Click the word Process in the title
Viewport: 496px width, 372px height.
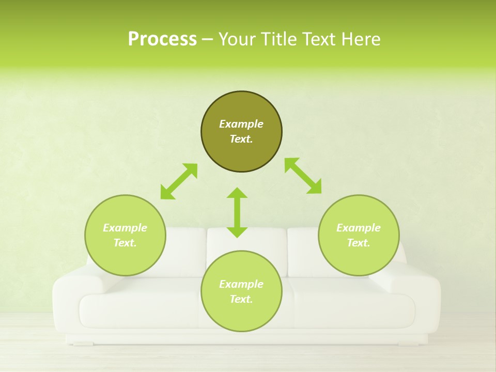tap(162, 39)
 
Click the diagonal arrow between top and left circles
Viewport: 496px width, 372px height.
tap(179, 181)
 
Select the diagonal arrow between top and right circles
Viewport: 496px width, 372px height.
tap(303, 176)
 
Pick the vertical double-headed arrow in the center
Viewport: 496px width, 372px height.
tap(237, 213)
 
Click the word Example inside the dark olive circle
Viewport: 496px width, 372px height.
tap(241, 124)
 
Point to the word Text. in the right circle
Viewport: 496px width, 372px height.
tap(359, 243)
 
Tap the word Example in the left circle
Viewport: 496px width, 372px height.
tap(125, 228)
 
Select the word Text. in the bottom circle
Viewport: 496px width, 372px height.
tap(241, 299)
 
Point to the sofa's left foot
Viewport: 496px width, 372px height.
tap(83, 343)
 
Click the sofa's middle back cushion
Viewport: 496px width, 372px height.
tap(247, 245)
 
